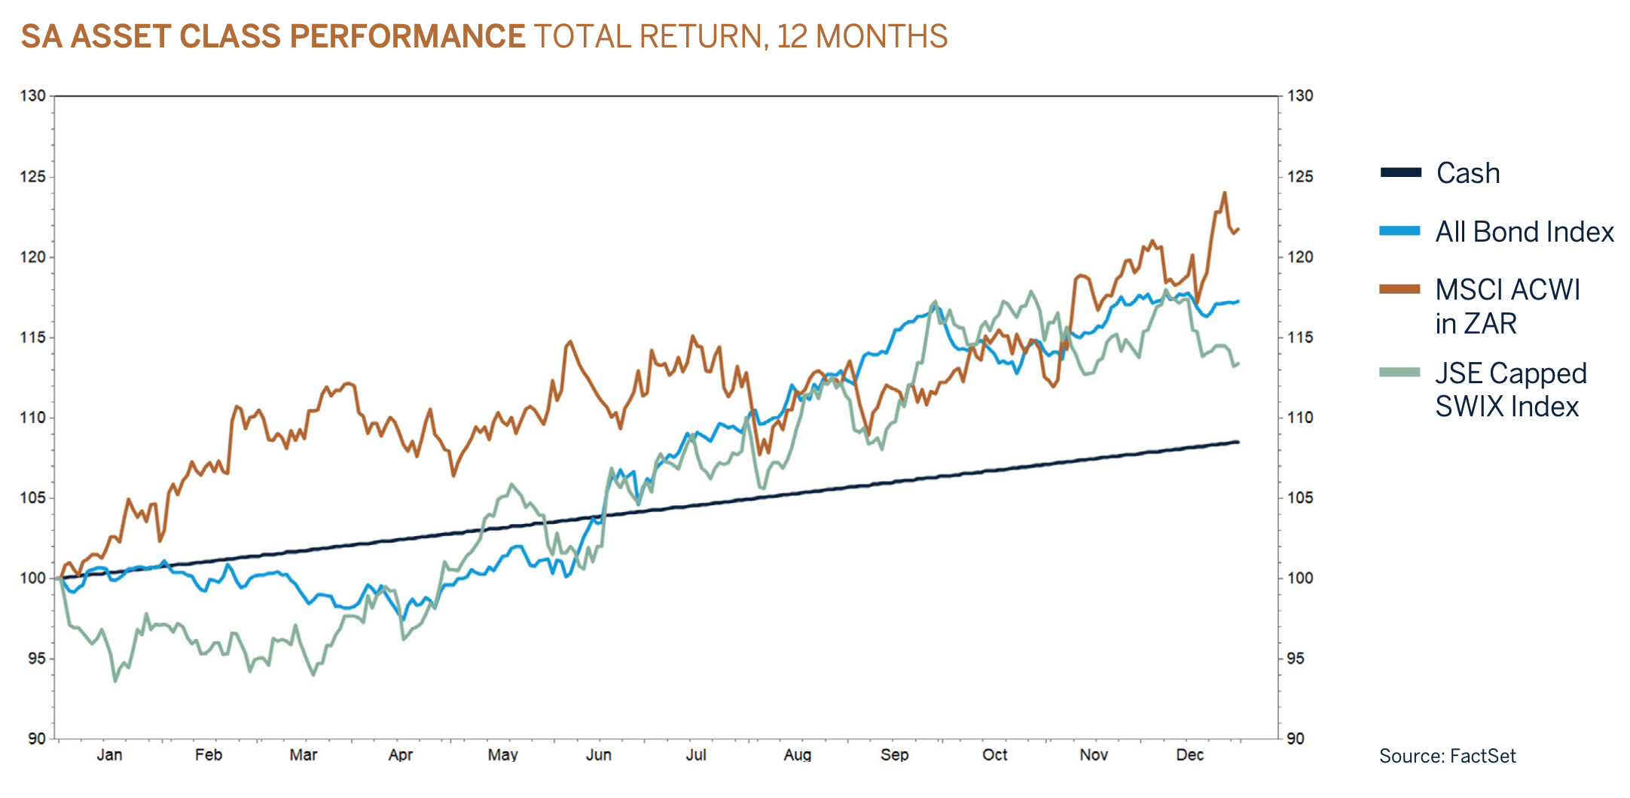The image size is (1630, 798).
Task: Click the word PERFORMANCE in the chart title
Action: coord(407,36)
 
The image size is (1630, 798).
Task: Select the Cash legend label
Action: coord(1467,173)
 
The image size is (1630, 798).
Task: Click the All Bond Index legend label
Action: coord(1524,232)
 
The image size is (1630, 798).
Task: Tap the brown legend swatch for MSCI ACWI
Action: coord(1400,289)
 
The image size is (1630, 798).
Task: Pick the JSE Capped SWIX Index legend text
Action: coord(1509,390)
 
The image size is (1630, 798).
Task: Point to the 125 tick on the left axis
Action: coord(32,176)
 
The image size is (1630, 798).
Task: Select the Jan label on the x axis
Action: coord(109,755)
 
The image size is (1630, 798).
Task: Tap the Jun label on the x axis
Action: coord(599,755)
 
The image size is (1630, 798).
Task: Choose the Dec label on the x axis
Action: coord(1190,755)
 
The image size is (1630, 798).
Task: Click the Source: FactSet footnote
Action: coord(1447,756)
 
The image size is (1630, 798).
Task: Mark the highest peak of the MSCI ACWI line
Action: coord(1225,193)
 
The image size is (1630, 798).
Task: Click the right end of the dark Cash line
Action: coord(1238,442)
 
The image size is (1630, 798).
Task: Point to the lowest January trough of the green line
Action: coord(115,681)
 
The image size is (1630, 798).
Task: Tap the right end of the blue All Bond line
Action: coord(1238,301)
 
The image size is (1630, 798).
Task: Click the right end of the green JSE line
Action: coord(1238,364)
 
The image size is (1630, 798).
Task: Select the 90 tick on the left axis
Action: coord(37,739)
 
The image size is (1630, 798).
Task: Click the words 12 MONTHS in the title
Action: coord(862,36)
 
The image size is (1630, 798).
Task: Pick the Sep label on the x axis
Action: coord(894,755)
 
